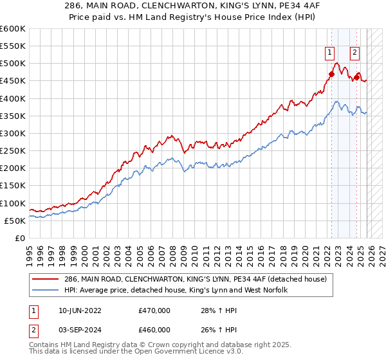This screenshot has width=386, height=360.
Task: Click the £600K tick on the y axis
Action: pyautogui.click(x=13, y=29)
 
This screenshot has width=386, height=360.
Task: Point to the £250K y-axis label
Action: pyautogui.click(x=13, y=151)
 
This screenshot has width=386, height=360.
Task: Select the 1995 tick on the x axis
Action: pyautogui.click(x=30, y=249)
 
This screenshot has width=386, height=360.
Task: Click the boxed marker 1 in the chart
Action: pyautogui.click(x=329, y=53)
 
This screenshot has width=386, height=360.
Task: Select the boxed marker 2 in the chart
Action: pyautogui.click(x=354, y=53)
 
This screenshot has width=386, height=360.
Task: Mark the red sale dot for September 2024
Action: pyautogui.click(x=357, y=77)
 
